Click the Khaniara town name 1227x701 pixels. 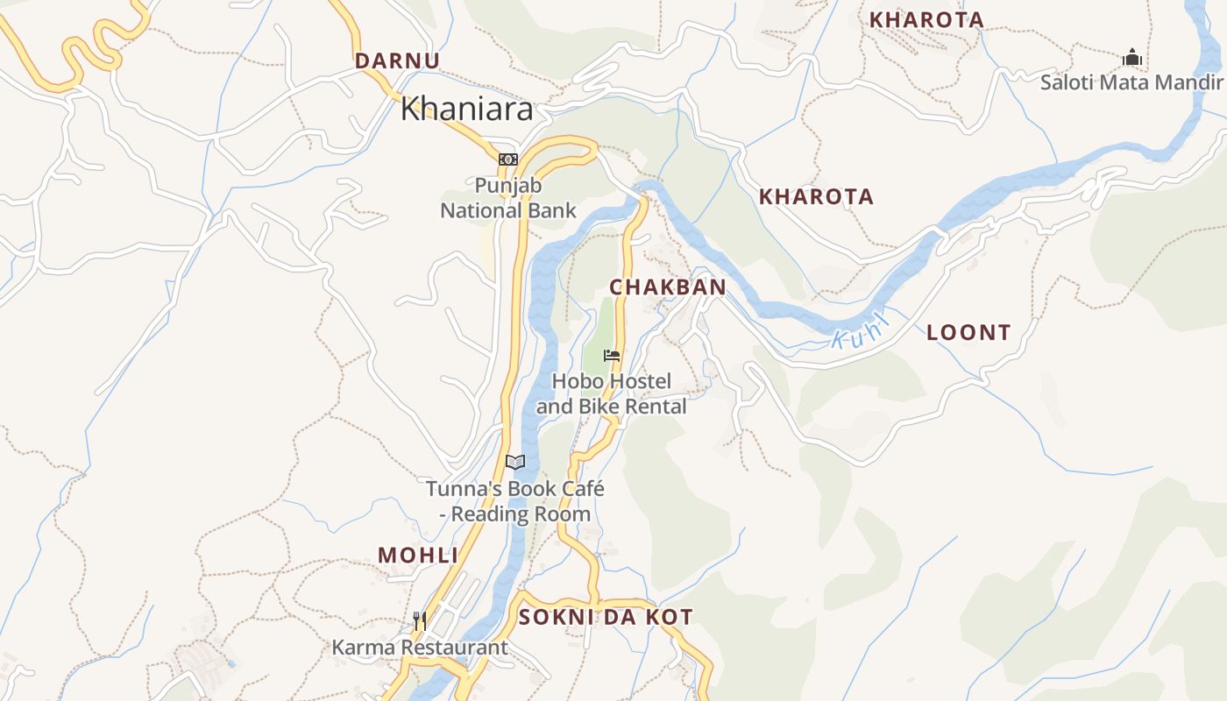click(466, 110)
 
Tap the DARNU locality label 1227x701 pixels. click(397, 60)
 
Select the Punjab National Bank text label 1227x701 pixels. click(508, 198)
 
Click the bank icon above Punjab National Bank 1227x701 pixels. click(508, 159)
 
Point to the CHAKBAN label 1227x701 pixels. click(668, 287)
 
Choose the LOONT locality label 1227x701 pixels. click(968, 333)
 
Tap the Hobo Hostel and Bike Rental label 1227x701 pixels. click(612, 394)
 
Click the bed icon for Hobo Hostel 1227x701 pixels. click(612, 356)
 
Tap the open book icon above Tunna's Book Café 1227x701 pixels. click(515, 462)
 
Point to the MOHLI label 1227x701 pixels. click(418, 555)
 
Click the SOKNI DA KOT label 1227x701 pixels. click(606, 617)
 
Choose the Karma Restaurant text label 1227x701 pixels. click(420, 648)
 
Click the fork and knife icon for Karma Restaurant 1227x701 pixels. click(420, 621)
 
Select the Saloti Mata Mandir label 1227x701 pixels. click(1131, 82)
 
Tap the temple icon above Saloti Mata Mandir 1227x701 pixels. click(1132, 58)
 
